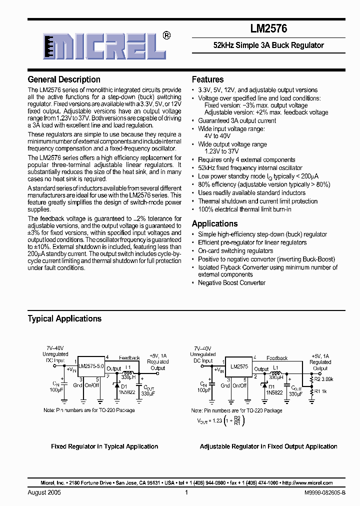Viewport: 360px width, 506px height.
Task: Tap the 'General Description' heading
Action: [64, 79]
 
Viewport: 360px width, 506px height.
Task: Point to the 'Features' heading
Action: [207, 79]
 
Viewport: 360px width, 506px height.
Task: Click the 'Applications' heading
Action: [214, 223]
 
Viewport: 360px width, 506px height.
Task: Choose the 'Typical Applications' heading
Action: [64, 318]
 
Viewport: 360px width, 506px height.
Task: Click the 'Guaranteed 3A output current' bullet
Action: [237, 120]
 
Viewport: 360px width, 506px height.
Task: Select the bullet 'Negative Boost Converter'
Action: [231, 283]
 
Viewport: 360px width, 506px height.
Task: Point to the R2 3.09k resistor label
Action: [323, 379]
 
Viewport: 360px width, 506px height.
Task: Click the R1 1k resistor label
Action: [320, 391]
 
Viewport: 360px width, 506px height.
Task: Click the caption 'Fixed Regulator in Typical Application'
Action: [104, 446]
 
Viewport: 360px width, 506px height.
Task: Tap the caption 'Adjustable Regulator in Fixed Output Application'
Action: [268, 446]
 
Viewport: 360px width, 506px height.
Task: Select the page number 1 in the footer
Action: [186, 492]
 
